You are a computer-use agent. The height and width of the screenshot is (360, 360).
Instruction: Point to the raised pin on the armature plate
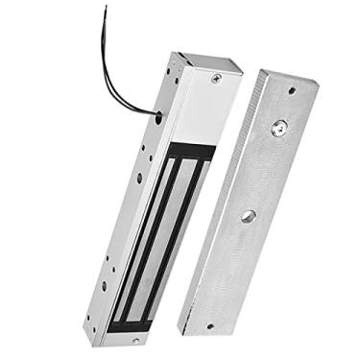[279, 126]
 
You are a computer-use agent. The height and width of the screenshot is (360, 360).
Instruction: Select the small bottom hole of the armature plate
[211, 325]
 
